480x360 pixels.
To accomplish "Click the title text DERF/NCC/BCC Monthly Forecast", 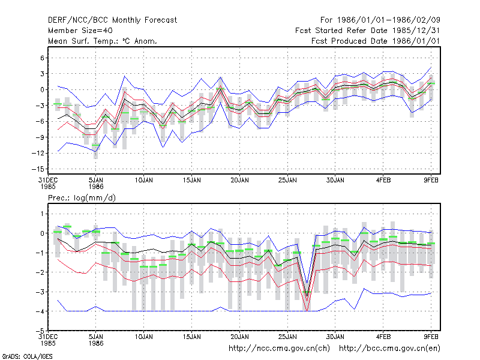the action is tap(112, 20).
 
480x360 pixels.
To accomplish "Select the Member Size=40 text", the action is tap(80, 31).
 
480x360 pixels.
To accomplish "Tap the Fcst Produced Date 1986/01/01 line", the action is tap(376, 41).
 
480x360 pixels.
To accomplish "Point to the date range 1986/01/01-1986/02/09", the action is tap(389, 20).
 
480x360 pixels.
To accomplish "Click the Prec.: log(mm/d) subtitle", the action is tap(82, 198).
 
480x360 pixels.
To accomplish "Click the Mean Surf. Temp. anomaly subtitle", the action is tap(103, 41).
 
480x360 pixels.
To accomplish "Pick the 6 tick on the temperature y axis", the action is tap(42, 58).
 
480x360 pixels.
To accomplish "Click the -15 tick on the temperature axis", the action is tap(38, 169).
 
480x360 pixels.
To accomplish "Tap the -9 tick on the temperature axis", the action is tap(40, 137).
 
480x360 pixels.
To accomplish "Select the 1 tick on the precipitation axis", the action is tap(42, 214).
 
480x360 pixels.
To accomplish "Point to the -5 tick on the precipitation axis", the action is tap(40, 331).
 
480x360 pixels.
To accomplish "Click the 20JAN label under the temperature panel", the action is tap(239, 181).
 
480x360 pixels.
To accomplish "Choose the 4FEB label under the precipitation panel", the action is tap(383, 337).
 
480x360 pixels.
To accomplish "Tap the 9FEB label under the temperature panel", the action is tap(431, 181).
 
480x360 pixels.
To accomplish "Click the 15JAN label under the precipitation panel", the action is tap(192, 337).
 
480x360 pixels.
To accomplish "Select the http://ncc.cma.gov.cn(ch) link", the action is tap(279, 349).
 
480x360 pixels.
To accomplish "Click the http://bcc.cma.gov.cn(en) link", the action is tap(389, 349).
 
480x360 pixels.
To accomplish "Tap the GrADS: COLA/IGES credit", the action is tap(27, 356).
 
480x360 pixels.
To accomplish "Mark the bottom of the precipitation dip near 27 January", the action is tap(307, 311).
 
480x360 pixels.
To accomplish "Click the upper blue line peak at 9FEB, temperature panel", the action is tap(431, 67).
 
